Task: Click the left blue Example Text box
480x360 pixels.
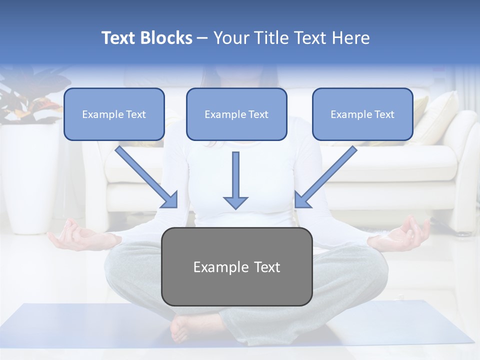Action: (x=114, y=114)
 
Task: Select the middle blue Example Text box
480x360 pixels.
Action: (x=236, y=114)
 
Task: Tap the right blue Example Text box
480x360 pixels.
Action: (x=362, y=114)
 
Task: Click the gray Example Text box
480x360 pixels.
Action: (x=236, y=266)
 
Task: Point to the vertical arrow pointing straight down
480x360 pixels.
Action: (x=235, y=180)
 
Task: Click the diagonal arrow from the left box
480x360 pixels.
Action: (x=147, y=177)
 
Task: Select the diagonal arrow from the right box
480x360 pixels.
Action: (x=325, y=177)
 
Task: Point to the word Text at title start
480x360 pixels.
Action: (x=119, y=38)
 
